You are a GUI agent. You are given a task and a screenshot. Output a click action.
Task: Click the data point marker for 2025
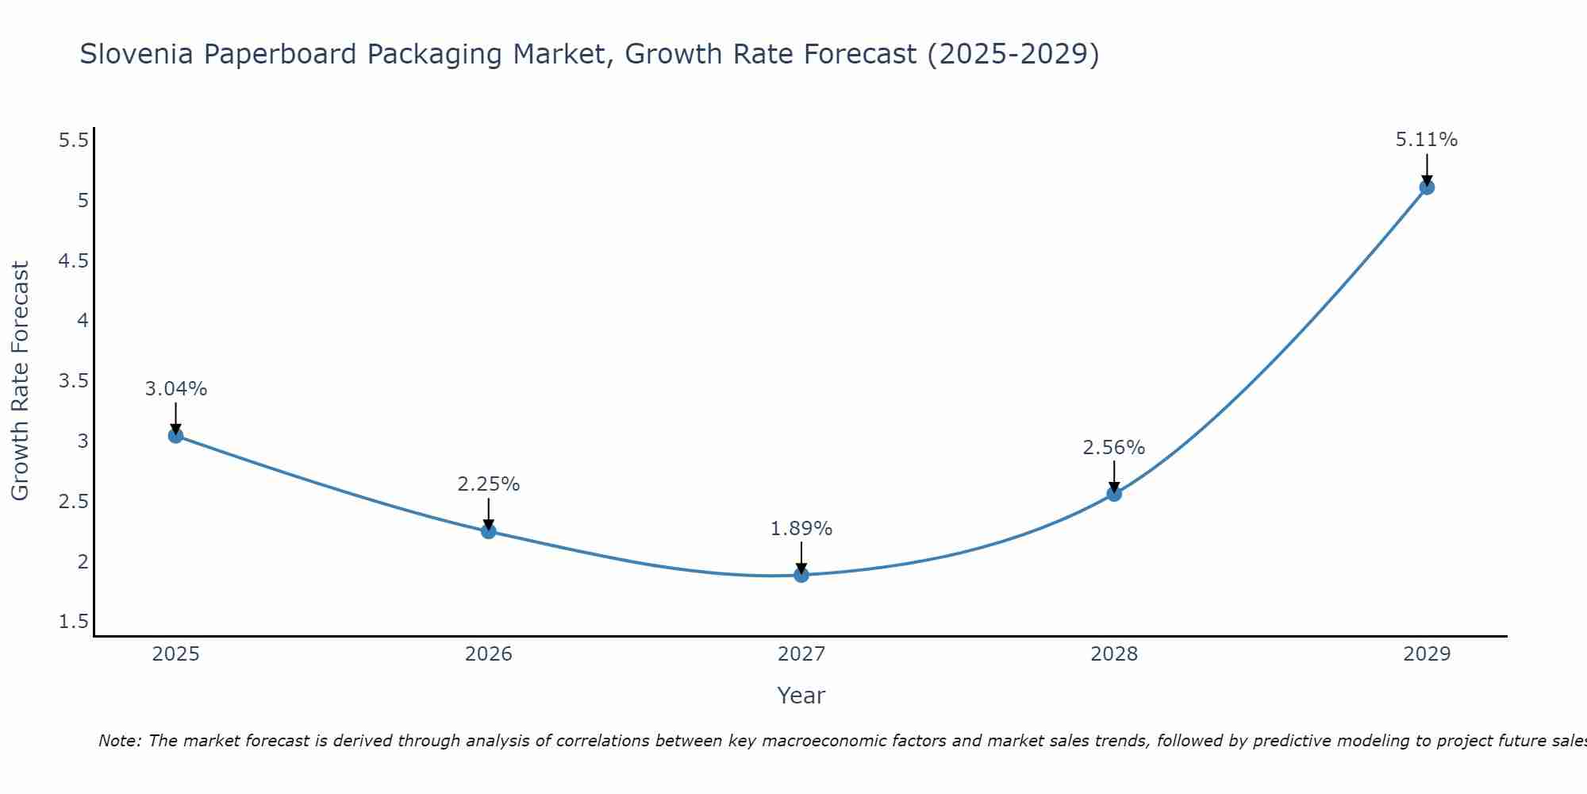pyautogui.click(x=175, y=436)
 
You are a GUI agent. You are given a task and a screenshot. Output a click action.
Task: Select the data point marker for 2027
pyautogui.click(x=801, y=575)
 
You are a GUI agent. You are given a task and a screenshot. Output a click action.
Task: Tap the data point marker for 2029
pyautogui.click(x=1427, y=187)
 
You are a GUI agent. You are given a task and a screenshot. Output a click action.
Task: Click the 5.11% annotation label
pyautogui.click(x=1427, y=140)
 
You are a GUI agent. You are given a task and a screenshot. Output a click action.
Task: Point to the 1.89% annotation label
pyautogui.click(x=801, y=529)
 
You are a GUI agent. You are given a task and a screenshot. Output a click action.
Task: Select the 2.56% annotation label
pyautogui.click(x=1114, y=448)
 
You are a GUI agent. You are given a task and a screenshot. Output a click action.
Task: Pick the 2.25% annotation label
pyautogui.click(x=489, y=484)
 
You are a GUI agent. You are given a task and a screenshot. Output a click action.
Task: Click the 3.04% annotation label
pyautogui.click(x=176, y=389)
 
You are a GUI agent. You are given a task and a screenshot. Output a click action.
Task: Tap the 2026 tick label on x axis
pyautogui.click(x=489, y=654)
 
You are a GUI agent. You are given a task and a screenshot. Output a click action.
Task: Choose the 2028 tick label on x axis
pyautogui.click(x=1114, y=654)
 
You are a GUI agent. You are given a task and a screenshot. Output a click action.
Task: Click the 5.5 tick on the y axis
pyautogui.click(x=74, y=141)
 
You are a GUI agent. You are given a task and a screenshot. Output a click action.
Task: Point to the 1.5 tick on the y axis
pyautogui.click(x=74, y=622)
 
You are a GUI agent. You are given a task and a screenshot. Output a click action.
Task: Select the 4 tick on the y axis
pyautogui.click(x=83, y=321)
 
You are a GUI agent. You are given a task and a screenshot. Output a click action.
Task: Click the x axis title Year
pyautogui.click(x=801, y=696)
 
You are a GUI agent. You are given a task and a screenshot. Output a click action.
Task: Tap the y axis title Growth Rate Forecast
pyautogui.click(x=21, y=381)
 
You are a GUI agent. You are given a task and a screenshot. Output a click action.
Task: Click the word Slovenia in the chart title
pyautogui.click(x=136, y=54)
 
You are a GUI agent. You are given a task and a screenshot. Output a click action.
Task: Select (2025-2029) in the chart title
pyautogui.click(x=1013, y=54)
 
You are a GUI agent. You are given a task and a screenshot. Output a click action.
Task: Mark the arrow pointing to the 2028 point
pyautogui.click(x=1114, y=476)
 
